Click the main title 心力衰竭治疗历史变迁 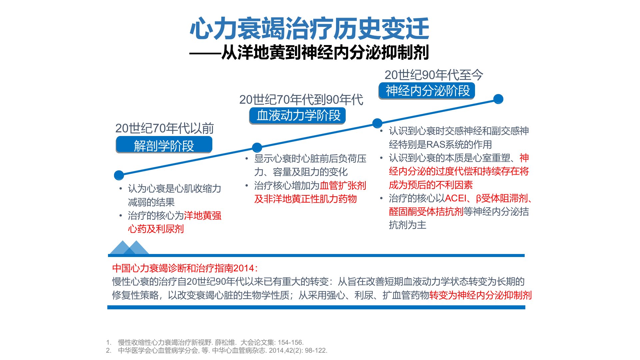[x=309, y=29]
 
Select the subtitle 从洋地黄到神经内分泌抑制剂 [x=325, y=52]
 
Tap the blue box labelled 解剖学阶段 [x=164, y=145]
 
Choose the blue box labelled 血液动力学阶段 [x=297, y=116]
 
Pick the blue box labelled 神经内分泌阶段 [x=427, y=91]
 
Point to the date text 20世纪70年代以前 [x=164, y=128]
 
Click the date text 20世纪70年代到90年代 [x=301, y=100]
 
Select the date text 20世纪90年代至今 [x=434, y=75]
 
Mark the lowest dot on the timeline [x=119, y=175]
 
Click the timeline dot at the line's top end [x=498, y=99]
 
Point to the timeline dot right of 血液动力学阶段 [x=377, y=123]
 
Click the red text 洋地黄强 [x=203, y=216]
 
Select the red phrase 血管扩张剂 [x=343, y=186]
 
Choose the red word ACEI [x=456, y=198]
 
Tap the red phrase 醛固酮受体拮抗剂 [x=426, y=212]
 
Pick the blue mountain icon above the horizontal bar [x=129, y=247]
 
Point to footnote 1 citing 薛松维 [x=205, y=342]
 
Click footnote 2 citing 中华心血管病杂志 [x=217, y=350]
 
